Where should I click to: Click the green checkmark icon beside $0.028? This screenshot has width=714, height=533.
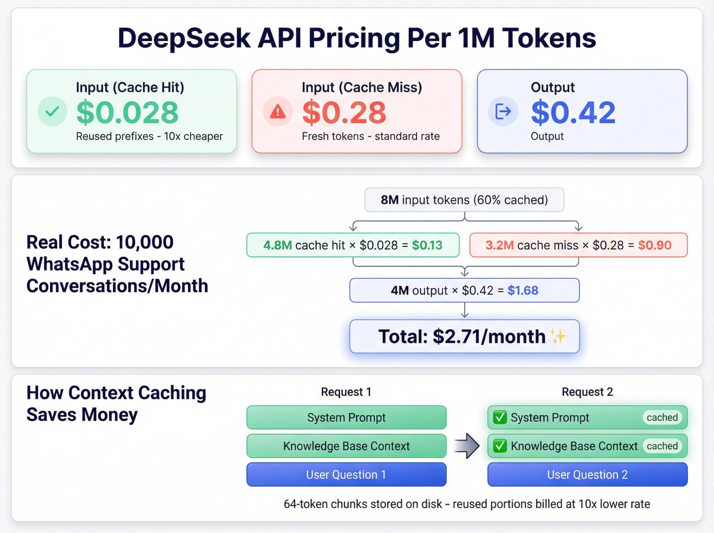52,111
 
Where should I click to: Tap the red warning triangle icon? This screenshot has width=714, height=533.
278,112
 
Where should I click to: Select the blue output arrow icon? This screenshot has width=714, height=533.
503,111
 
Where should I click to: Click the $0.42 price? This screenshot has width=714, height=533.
573,113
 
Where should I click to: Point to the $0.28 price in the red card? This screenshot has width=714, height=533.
344,113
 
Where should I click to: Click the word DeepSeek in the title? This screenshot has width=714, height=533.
184,38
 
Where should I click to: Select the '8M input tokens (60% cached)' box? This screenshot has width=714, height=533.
464,200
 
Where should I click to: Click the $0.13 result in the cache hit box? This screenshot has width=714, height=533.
427,245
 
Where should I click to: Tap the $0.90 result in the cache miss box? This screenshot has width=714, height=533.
655,245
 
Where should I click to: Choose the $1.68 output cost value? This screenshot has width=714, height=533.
523,291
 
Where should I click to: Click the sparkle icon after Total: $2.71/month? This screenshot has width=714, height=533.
558,336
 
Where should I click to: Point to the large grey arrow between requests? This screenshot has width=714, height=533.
467,446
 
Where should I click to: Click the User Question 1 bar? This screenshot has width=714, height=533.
346,474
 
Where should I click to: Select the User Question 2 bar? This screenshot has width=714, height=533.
587,474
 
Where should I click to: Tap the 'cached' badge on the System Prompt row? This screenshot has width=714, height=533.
662,417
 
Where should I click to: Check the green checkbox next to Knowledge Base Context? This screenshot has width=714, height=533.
500,446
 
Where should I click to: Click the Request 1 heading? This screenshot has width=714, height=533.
346,392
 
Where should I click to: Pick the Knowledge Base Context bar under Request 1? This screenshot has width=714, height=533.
346,446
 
